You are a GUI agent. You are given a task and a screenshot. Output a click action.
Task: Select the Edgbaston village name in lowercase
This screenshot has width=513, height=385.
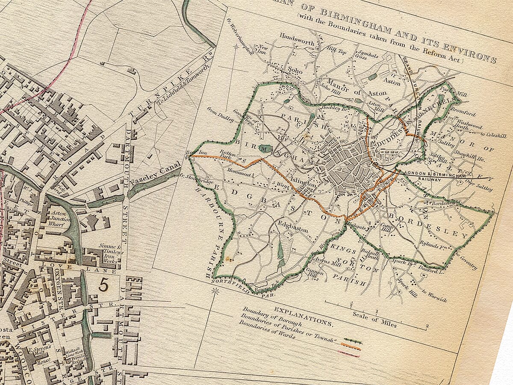tap(293, 227)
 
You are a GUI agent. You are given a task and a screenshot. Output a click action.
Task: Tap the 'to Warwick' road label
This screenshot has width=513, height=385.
tap(434, 297)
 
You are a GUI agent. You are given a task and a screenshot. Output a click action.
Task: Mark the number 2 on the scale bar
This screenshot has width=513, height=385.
tap(427, 328)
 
